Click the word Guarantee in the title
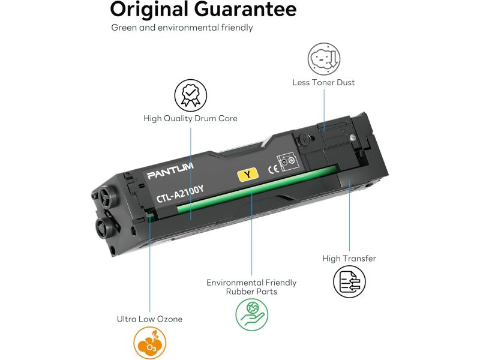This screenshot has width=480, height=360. pos(245,9)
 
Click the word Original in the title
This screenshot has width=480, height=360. pos(149,10)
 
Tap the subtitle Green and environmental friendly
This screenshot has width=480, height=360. pos(182,28)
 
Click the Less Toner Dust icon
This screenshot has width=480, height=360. pos(324,59)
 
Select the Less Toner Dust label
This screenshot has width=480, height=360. pos(323,82)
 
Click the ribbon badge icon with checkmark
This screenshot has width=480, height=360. pos(190,95)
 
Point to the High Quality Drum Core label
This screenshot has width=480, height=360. pos(190,118)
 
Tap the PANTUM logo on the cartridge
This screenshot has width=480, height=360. pos(170,171)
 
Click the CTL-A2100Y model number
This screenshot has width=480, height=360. pos(180,194)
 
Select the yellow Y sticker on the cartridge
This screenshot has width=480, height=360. pos(248,175)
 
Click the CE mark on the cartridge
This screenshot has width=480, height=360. pos(274,169)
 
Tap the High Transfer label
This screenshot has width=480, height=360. pos(349,259)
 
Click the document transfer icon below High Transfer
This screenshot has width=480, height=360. pos(349,281)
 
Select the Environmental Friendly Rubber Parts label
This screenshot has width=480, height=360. pos(251,287)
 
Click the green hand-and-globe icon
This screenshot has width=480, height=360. pos(251,314)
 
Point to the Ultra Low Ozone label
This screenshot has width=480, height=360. pos(149,319)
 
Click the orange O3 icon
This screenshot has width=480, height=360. pos(149,343)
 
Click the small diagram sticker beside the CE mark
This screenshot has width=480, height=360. pos(287,160)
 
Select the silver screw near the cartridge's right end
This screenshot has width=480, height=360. pos(353,137)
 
